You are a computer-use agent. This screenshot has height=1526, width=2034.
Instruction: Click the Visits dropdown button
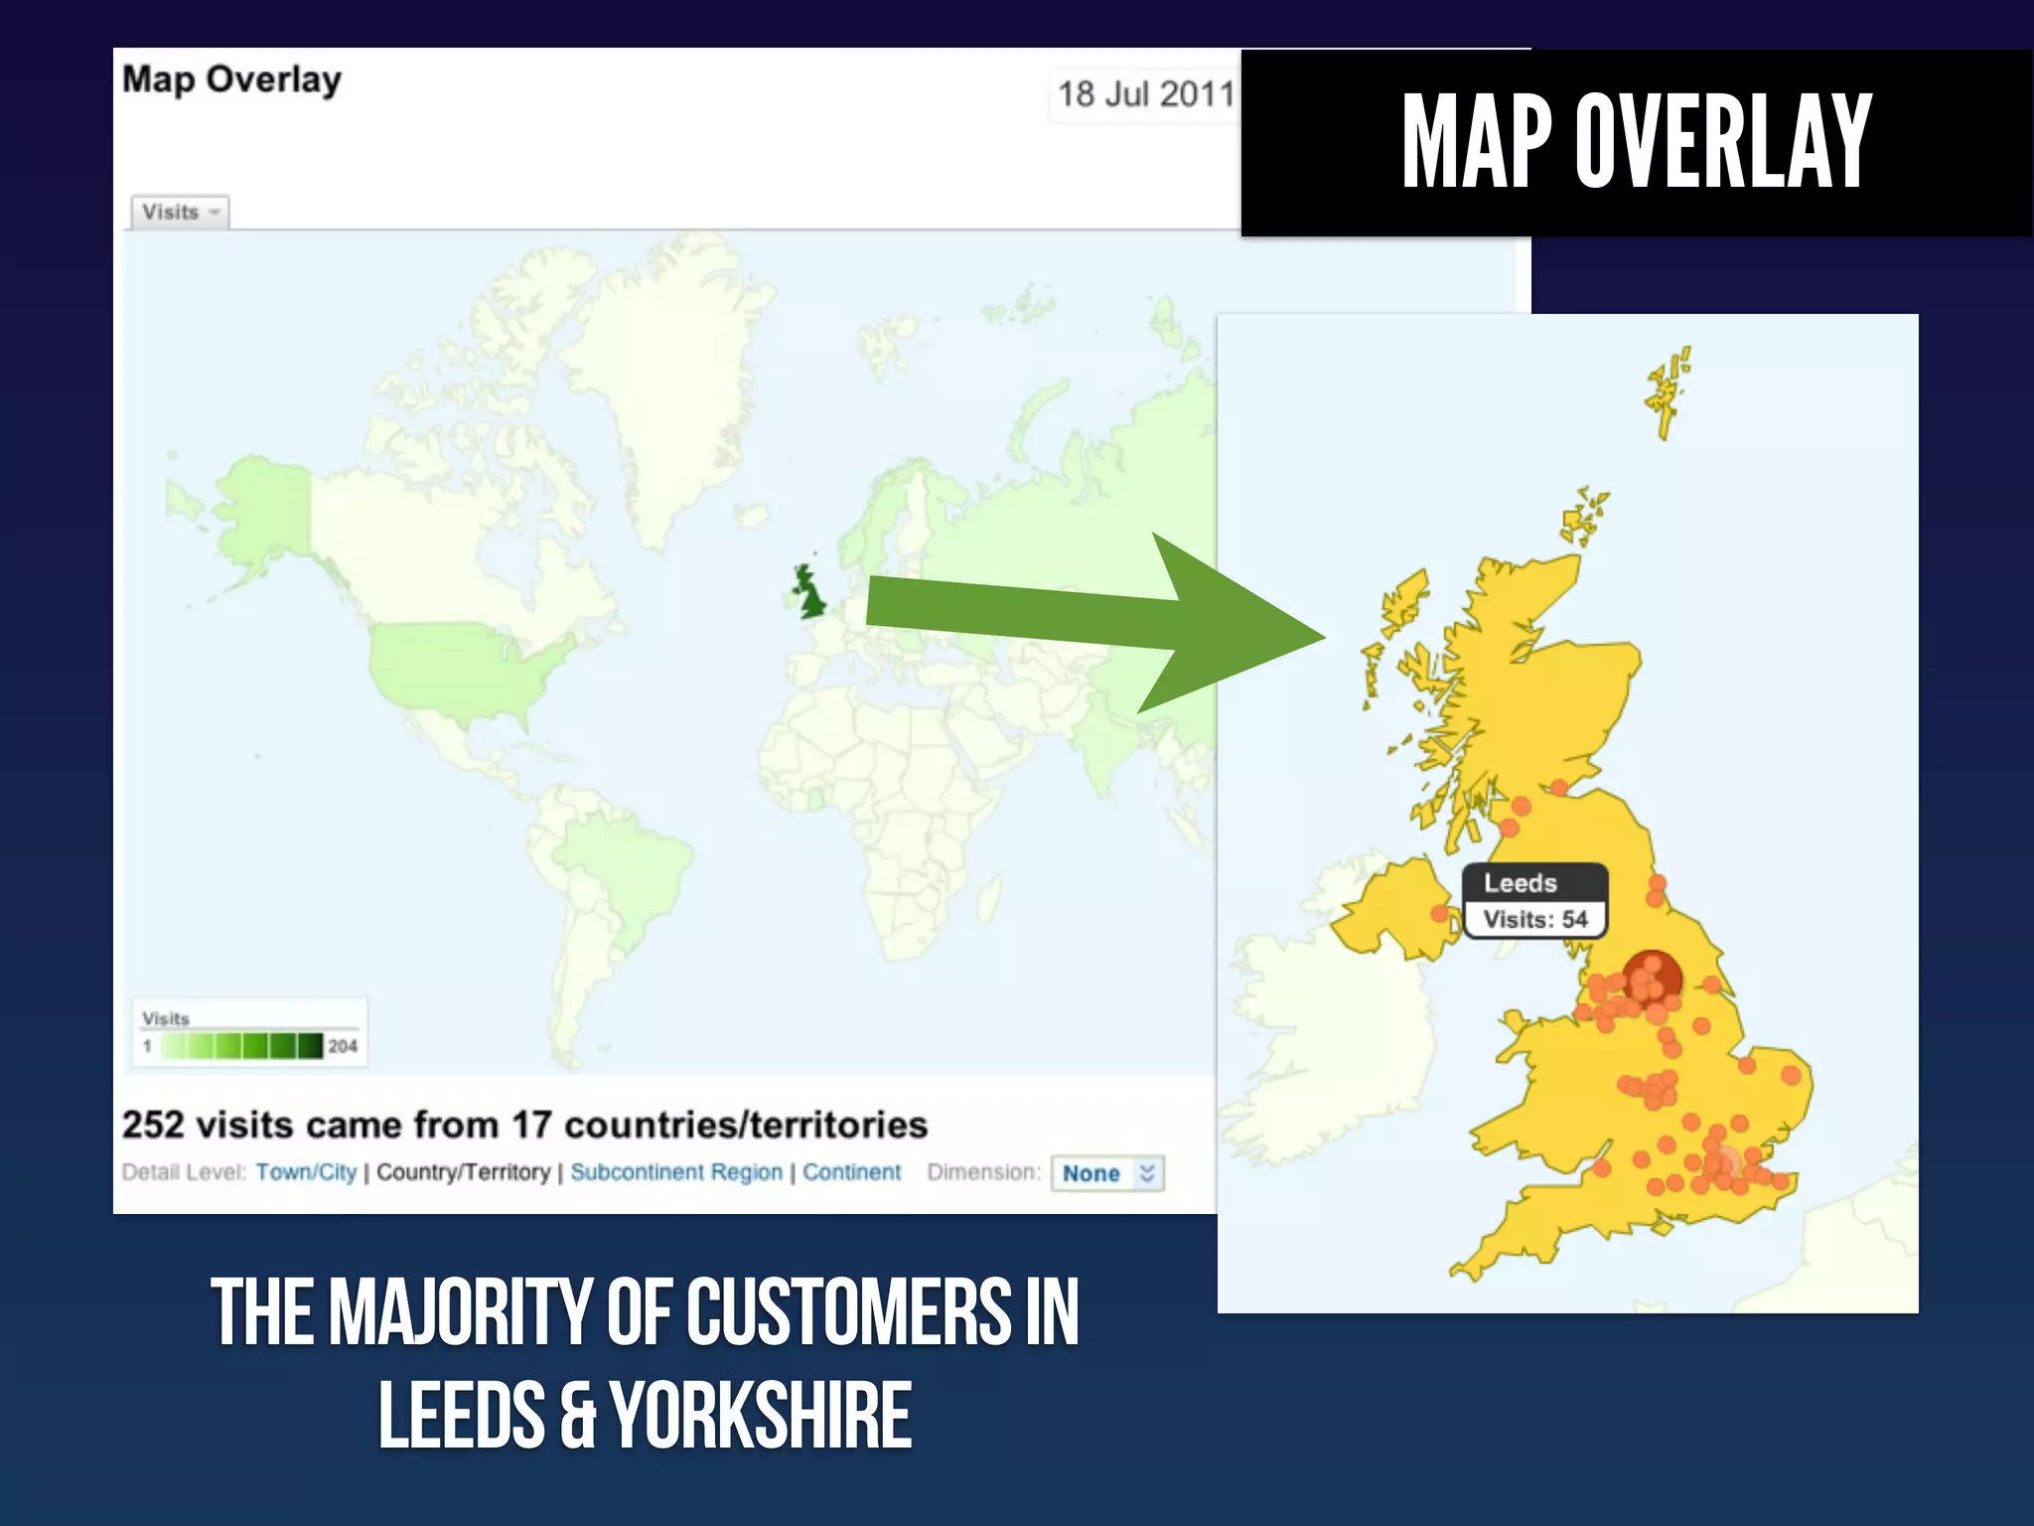tap(180, 213)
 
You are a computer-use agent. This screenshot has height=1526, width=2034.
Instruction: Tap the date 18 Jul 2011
tap(1145, 94)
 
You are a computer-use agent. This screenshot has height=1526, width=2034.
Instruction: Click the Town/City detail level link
tap(306, 1172)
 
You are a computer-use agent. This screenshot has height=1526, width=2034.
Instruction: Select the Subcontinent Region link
tap(675, 1172)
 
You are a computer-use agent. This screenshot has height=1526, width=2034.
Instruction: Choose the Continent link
tap(851, 1172)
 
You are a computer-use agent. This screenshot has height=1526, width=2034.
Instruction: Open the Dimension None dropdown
tap(1107, 1173)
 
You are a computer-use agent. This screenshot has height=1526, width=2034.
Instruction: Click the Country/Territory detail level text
tap(463, 1172)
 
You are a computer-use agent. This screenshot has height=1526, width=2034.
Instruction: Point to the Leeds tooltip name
tap(1520, 883)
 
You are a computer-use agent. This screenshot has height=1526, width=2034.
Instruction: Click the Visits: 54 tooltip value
tap(1534, 919)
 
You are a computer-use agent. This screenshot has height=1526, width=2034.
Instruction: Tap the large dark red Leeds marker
tap(1652, 978)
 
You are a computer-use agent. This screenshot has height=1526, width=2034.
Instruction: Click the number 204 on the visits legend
tap(343, 1046)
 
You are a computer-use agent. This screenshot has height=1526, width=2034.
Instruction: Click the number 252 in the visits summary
tap(153, 1125)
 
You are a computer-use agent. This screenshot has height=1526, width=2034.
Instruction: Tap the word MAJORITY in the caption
tap(460, 1312)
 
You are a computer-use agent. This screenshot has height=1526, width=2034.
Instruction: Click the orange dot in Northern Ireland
tap(1439, 913)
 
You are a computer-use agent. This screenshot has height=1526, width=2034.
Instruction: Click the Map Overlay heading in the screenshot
tap(231, 79)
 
